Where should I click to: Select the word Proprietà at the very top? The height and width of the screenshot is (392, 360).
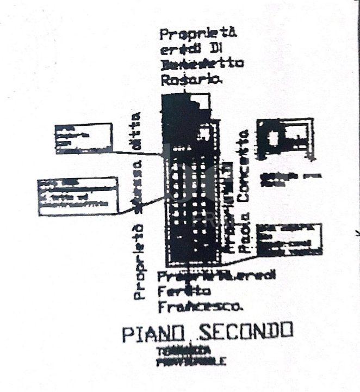198,34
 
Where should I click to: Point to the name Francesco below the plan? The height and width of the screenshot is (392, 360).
200,307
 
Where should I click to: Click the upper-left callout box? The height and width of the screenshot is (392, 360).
83,138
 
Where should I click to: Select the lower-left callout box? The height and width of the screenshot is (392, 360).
77,196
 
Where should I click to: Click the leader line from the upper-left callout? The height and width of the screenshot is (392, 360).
136,153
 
